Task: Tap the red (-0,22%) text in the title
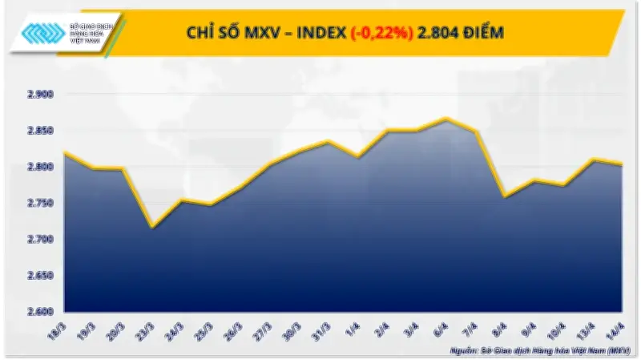click(380, 32)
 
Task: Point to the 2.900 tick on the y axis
click(39, 95)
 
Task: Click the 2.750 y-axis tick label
click(39, 204)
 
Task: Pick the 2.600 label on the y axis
click(39, 312)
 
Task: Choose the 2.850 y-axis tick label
click(39, 131)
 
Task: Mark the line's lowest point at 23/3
click(152, 227)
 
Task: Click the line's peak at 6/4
click(446, 119)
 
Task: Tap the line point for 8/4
click(504, 196)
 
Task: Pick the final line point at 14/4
click(622, 164)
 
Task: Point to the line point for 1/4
click(358, 156)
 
